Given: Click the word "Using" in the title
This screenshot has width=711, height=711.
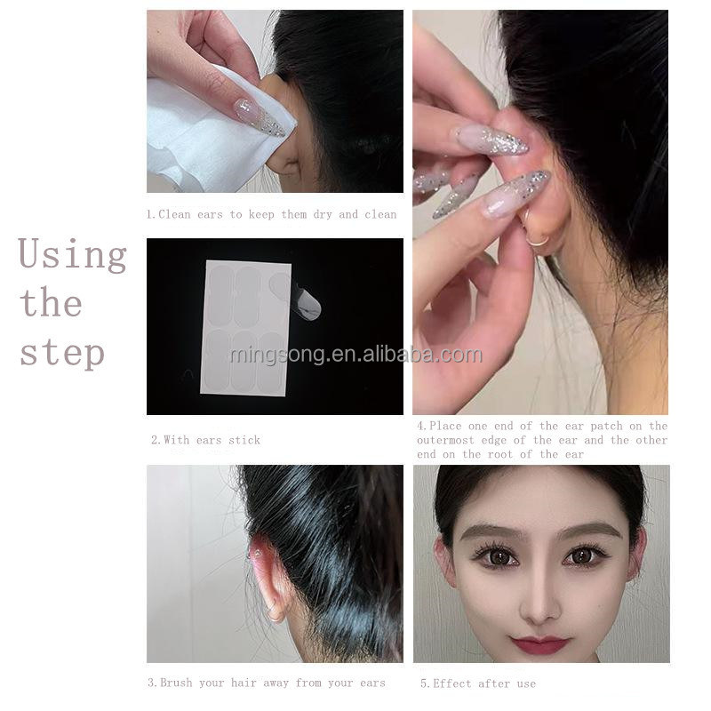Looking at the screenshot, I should [x=72, y=255].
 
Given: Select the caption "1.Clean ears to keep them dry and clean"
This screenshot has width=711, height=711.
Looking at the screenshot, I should [x=271, y=214].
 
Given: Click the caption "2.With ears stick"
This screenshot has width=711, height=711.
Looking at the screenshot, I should [x=205, y=440].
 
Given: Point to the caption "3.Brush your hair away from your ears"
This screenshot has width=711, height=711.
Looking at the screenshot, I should [x=266, y=683].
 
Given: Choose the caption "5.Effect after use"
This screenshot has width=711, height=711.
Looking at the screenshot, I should [x=477, y=683].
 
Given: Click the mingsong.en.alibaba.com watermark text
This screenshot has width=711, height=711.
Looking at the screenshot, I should [x=355, y=355].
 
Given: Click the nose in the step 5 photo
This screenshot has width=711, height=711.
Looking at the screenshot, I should [x=539, y=602].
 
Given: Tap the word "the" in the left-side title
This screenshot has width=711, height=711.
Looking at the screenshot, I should [x=51, y=303].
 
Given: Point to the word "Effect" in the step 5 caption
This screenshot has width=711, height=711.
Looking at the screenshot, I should [x=452, y=683].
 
